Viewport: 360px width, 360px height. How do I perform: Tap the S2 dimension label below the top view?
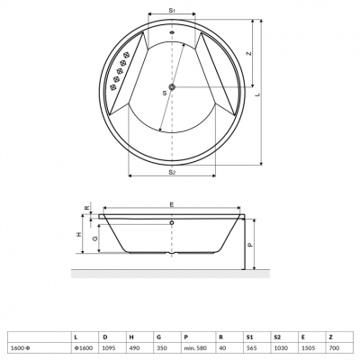171,172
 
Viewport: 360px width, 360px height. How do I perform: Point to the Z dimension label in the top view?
248,53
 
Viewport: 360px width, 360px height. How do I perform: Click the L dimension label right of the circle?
257,93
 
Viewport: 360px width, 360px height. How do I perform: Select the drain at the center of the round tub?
171,87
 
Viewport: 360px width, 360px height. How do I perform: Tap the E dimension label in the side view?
172,202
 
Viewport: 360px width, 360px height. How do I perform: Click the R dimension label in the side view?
86,208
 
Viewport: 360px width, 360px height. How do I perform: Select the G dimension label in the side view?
94,238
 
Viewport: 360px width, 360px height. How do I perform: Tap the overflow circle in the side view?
171,221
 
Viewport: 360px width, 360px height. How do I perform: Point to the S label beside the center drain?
164,93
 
